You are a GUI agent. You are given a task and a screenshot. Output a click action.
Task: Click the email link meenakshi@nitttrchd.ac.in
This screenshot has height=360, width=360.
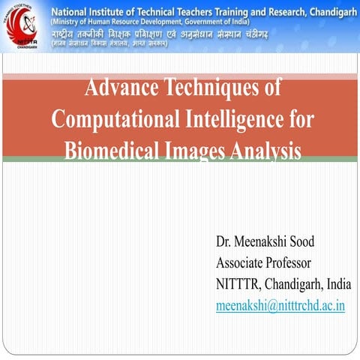click(280, 306)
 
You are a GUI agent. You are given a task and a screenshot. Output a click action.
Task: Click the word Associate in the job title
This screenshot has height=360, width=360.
click(241, 263)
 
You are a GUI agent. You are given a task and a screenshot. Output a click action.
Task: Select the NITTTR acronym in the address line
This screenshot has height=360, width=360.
click(238, 284)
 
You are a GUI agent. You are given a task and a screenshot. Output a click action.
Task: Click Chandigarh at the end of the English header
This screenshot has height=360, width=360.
click(329, 10)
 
